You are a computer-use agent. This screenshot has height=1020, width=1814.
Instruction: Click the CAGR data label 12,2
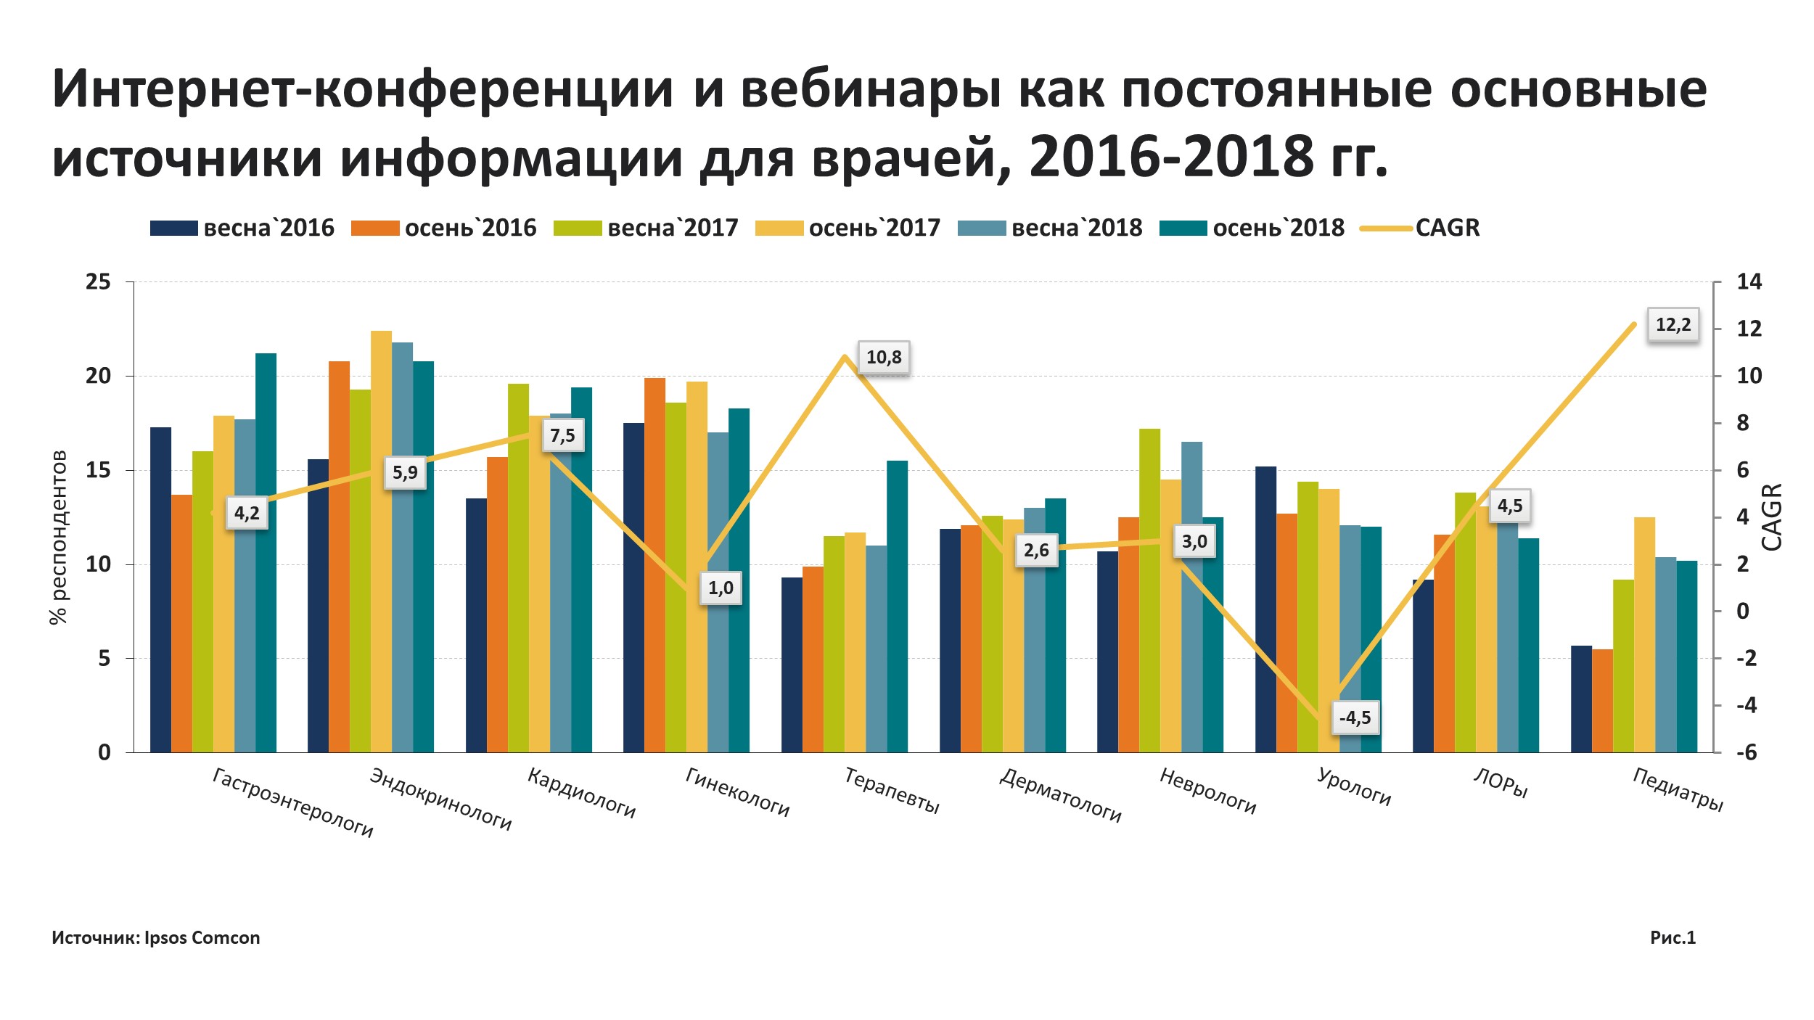click(x=1673, y=324)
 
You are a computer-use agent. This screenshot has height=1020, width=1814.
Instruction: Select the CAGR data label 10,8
click(x=884, y=357)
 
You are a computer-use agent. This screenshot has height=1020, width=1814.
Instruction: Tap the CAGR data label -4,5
click(x=1355, y=717)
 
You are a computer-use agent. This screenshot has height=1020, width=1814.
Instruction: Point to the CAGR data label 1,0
click(x=721, y=588)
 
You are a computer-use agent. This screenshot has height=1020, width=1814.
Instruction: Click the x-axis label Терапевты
click(x=892, y=790)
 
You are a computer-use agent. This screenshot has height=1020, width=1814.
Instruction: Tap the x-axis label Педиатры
click(x=1678, y=789)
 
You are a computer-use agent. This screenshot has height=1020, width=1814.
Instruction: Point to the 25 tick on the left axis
click(x=99, y=281)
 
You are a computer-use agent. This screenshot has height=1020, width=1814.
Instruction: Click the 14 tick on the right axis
click(x=1749, y=281)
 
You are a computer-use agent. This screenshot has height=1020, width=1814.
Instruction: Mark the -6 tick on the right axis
click(x=1747, y=752)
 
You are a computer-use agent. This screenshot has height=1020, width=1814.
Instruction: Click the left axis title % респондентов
click(x=58, y=537)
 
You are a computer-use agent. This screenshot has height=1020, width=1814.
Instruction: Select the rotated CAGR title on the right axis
click(x=1771, y=517)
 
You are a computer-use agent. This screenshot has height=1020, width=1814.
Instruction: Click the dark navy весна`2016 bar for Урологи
click(x=1265, y=609)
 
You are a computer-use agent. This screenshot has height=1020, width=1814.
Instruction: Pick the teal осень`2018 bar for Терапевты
click(x=897, y=606)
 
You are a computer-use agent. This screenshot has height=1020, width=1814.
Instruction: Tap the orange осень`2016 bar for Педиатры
click(x=1602, y=700)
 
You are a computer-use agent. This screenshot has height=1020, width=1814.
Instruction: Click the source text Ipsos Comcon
click(x=202, y=938)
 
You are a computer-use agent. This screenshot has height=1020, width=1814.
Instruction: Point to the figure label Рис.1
click(x=1673, y=937)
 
